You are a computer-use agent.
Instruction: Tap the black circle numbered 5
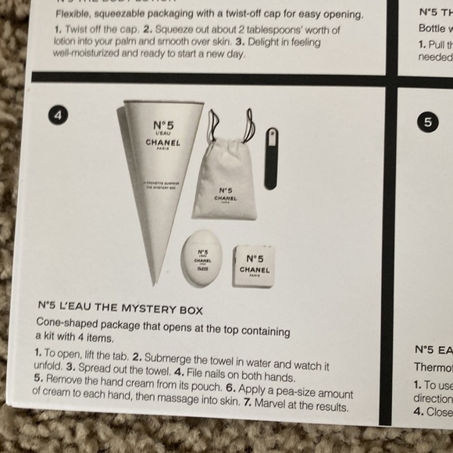click(426, 122)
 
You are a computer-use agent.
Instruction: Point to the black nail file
click(271, 156)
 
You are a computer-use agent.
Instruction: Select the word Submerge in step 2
click(168, 354)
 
